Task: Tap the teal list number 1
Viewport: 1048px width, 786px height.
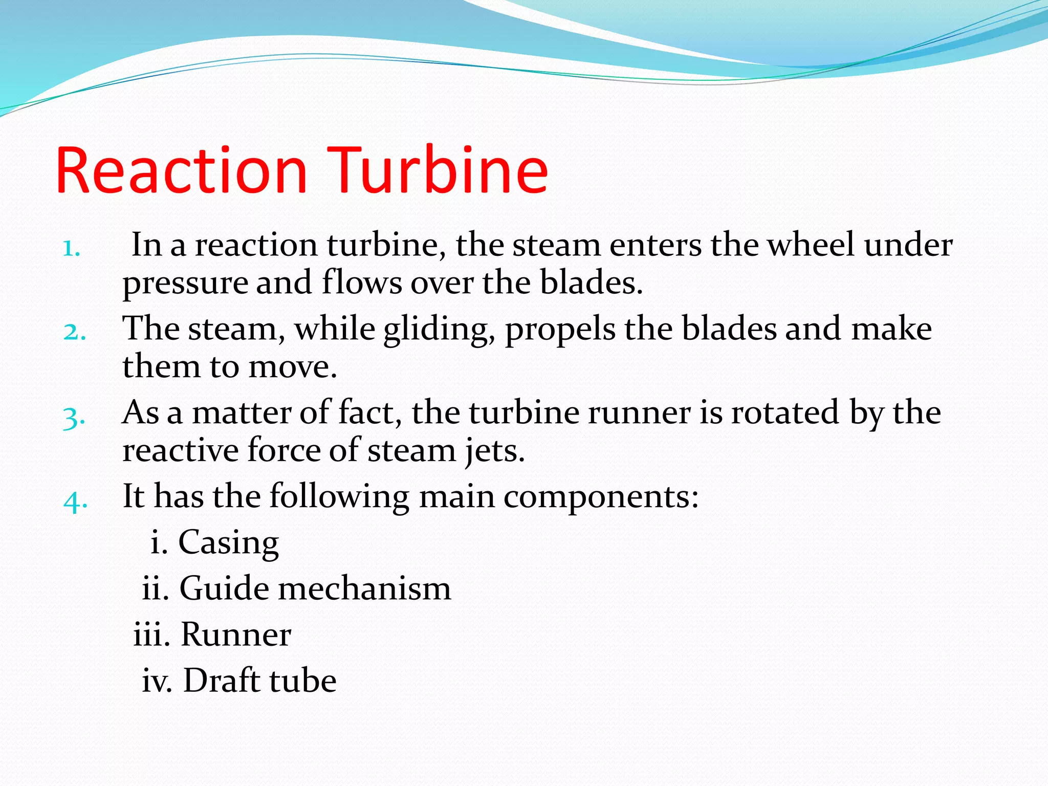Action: point(71,249)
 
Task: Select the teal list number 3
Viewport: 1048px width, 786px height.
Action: point(74,418)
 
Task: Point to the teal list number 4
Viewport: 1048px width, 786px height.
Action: point(75,501)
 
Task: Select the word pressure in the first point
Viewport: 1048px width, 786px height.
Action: point(185,283)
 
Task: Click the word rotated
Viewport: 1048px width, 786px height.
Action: point(785,412)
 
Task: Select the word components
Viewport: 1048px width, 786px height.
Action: point(601,497)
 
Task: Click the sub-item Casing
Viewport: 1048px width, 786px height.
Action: point(228,543)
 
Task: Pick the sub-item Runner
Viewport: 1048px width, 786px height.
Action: point(236,635)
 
